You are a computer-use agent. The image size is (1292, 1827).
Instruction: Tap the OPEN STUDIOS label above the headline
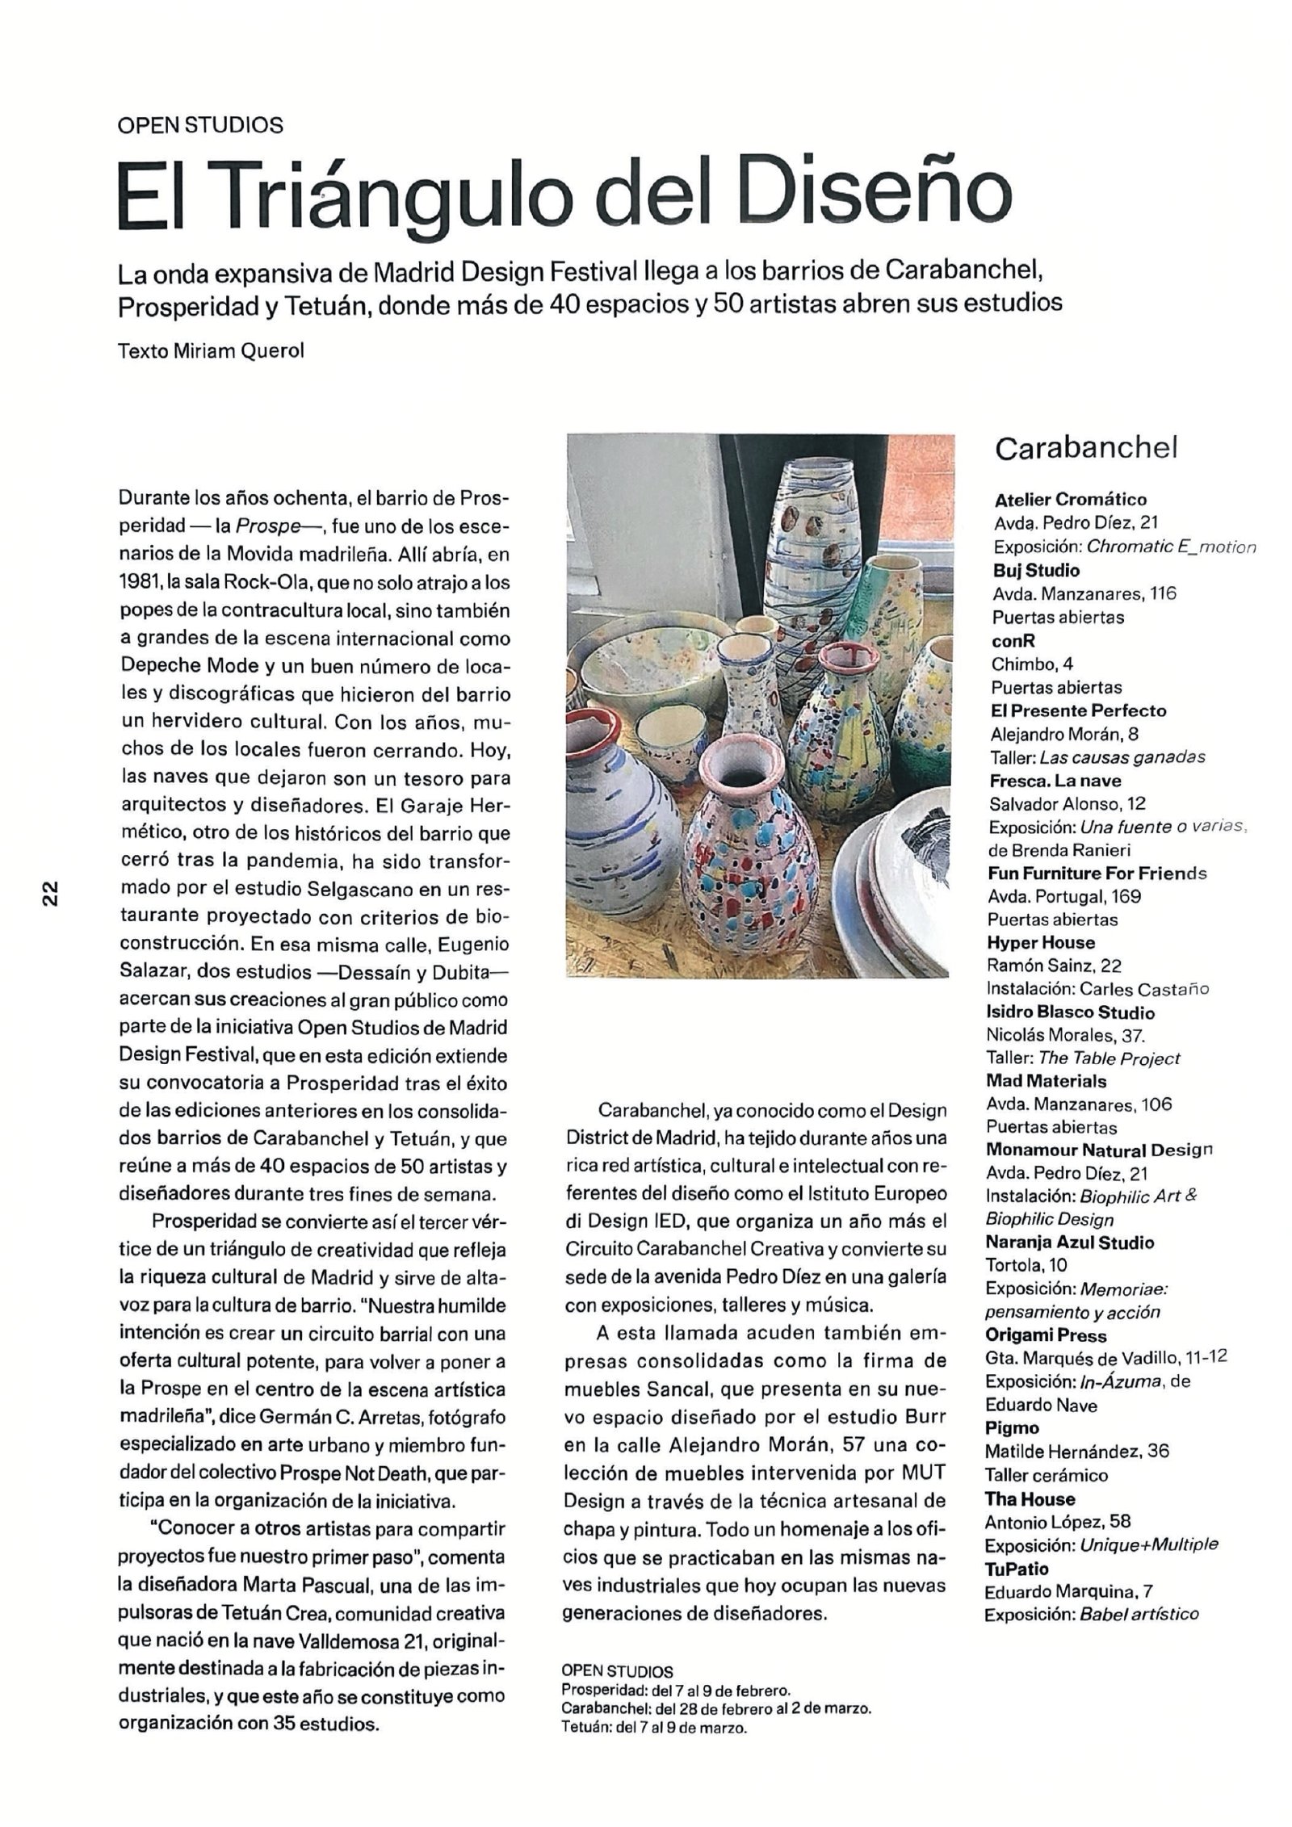[x=199, y=125]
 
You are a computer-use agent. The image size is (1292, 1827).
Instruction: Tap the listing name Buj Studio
[x=1036, y=570]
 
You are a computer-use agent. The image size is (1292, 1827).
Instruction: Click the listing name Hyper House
[x=1040, y=942]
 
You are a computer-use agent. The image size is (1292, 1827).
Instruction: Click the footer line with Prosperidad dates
[x=675, y=1699]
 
